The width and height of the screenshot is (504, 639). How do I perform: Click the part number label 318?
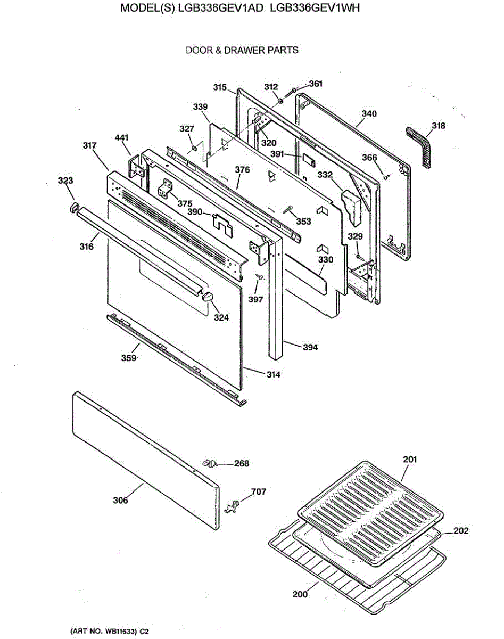(439, 126)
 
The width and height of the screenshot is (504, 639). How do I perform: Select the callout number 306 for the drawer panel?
(120, 500)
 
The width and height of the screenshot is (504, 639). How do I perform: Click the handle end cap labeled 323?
(74, 207)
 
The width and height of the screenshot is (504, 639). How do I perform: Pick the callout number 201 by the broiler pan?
(410, 459)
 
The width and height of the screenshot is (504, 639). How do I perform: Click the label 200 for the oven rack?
(300, 594)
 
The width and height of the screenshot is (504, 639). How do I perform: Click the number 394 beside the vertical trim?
(310, 347)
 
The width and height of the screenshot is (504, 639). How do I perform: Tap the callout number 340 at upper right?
(369, 113)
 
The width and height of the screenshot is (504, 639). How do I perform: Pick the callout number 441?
(122, 138)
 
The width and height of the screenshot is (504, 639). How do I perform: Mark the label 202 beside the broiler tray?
(460, 531)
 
